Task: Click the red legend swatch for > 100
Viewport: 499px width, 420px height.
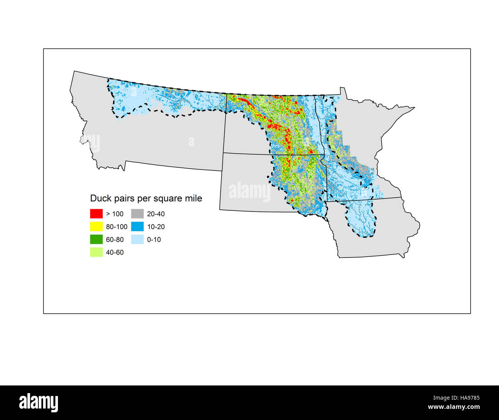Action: click(96, 214)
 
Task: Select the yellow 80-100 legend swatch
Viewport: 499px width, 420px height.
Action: click(96, 227)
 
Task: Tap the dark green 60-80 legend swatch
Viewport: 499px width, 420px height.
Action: click(96, 240)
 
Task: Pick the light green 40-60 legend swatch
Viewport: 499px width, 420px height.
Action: click(96, 252)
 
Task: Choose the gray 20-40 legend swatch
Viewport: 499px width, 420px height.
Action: click(137, 214)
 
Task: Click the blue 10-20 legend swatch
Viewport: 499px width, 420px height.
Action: click(137, 227)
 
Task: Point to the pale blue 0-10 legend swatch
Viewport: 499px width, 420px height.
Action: click(137, 240)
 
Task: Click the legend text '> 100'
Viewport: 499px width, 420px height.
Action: click(115, 214)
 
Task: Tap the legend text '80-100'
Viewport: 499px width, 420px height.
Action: click(117, 227)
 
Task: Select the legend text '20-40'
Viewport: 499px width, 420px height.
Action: click(156, 214)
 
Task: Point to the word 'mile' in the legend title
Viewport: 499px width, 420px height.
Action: click(193, 198)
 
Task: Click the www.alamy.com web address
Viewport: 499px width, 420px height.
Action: click(454, 407)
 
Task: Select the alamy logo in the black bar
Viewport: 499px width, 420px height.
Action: click(39, 403)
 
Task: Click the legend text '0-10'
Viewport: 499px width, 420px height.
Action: click(154, 240)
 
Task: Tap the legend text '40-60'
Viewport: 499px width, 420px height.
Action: click(115, 253)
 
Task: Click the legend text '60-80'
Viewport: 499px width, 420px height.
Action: click(115, 240)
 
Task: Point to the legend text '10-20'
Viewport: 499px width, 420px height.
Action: click(156, 227)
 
